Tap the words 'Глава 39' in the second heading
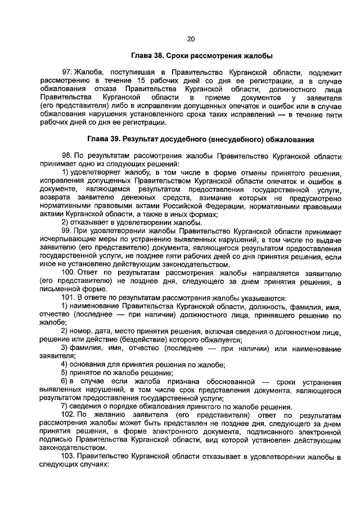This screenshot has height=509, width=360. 104,138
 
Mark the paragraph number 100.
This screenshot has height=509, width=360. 69,272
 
